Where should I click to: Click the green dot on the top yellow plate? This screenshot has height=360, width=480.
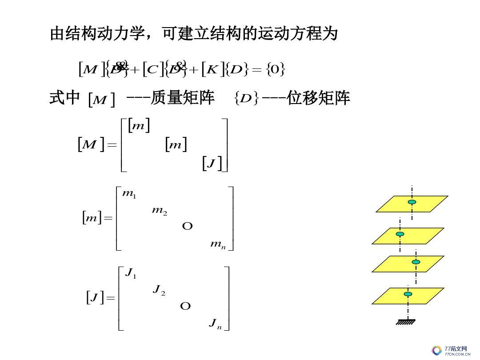[412, 202]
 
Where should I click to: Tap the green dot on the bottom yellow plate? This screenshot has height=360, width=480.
[408, 294]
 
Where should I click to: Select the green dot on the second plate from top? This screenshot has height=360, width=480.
[400, 234]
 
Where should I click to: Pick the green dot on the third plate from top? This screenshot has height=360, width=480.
[416, 262]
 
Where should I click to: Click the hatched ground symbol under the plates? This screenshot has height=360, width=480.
[406, 322]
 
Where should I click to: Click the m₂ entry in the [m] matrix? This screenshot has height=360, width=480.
[159, 211]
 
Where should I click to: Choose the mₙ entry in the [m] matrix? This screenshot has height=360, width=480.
[218, 244]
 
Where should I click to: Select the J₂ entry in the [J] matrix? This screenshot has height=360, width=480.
[159, 290]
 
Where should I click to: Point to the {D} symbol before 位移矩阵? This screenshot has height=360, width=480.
[246, 99]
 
